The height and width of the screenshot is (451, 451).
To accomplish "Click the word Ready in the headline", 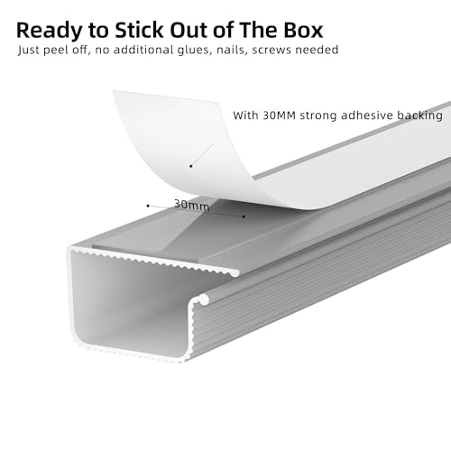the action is pos(49,31).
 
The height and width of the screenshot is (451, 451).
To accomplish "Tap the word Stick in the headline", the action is pos(139,31).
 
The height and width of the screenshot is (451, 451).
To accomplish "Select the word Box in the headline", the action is pos(303,31).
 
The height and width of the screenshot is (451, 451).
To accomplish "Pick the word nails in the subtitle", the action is pos(231,50).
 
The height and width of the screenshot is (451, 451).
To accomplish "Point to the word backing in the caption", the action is pos(419,115).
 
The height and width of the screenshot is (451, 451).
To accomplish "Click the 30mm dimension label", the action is pos(191,205).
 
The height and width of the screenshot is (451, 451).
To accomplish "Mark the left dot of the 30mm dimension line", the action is pos(148,206).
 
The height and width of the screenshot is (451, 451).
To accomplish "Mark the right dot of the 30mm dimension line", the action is pos(244,216).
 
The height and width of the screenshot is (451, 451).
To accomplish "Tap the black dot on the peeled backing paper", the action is pos(191,166).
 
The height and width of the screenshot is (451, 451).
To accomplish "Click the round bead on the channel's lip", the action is pos(204,299).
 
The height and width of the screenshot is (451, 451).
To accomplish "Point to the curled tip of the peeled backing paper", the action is pos(114,91).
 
